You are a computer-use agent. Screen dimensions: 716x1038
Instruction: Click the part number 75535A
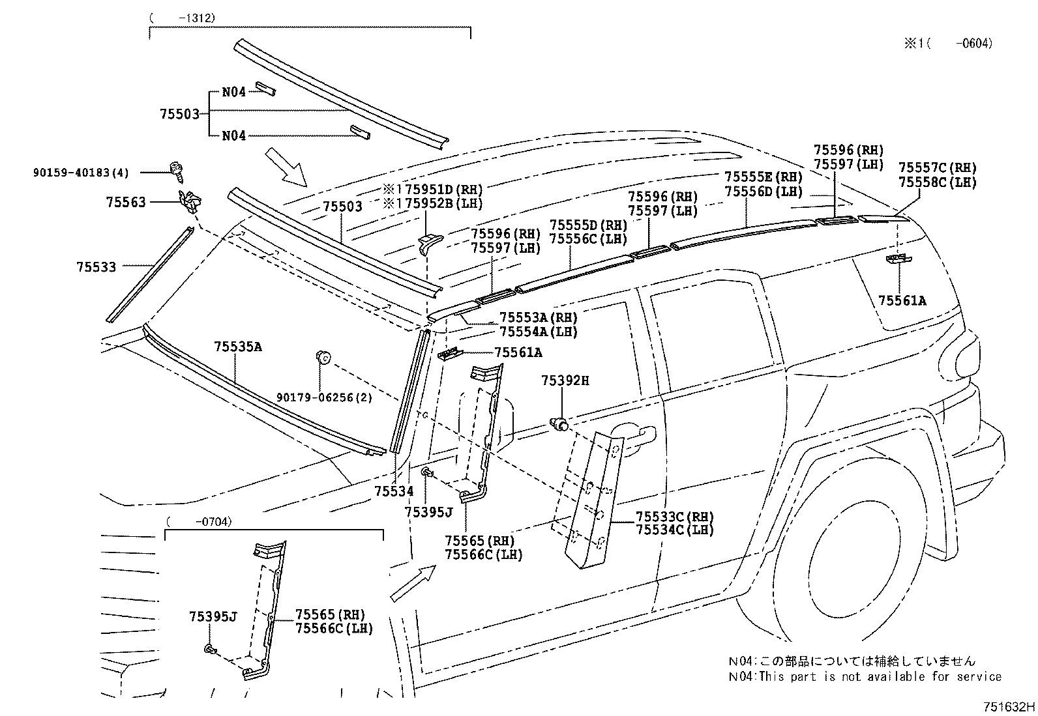[237, 347]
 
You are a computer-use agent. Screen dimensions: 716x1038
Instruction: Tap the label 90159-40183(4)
[81, 173]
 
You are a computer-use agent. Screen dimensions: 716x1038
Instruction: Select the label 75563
[126, 203]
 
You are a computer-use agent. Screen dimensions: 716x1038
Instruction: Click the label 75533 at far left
[96, 266]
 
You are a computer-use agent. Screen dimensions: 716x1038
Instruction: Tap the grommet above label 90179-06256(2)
[322, 356]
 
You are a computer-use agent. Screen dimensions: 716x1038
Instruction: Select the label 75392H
[565, 380]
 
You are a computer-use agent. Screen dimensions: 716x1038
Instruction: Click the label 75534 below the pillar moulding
[394, 491]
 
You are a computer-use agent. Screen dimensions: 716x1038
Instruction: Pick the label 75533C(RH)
[674, 517]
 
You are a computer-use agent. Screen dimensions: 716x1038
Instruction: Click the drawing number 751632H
[1009, 706]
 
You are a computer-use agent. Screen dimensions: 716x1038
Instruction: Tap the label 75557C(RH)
[937, 168]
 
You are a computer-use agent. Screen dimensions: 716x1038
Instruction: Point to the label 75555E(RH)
[764, 177]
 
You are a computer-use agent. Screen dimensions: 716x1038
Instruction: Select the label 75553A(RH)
[539, 317]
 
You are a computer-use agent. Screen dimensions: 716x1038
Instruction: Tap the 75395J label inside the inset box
[213, 616]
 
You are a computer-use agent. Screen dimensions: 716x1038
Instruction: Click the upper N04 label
[233, 92]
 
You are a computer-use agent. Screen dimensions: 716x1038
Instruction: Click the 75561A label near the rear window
[902, 300]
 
